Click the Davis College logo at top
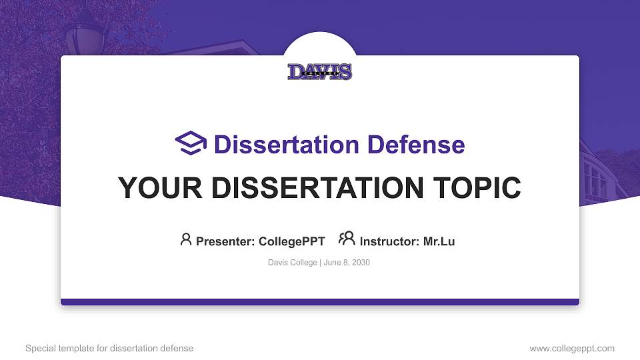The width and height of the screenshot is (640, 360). click(320, 72)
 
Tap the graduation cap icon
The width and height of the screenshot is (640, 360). click(191, 143)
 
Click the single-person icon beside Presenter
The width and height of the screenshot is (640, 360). click(186, 239)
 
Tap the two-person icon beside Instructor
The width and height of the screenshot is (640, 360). click(347, 239)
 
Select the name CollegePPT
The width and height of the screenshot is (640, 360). click(291, 241)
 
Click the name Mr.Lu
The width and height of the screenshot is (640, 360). click(439, 241)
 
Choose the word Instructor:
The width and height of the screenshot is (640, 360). click(389, 241)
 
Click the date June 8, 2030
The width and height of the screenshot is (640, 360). click(347, 263)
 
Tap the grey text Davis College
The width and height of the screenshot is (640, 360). click(292, 263)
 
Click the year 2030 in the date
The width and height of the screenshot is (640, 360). click(360, 263)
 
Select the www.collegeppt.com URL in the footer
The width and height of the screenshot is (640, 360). click(572, 348)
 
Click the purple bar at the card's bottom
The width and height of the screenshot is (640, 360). click(320, 302)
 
